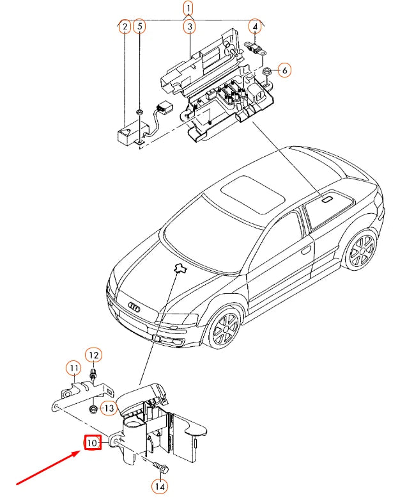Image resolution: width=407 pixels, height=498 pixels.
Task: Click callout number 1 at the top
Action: [188, 8]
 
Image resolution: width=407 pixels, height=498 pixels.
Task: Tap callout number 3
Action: [190, 27]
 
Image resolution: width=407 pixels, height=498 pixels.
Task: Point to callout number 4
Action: [255, 27]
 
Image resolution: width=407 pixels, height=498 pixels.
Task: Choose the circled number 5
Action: [139, 27]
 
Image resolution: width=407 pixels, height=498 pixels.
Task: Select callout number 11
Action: [74, 368]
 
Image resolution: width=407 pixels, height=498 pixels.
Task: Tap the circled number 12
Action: [94, 355]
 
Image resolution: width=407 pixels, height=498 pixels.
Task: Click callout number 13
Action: [109, 408]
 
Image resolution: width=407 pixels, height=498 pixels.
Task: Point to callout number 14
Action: [160, 486]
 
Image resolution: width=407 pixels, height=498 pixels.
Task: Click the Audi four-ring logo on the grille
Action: [135, 307]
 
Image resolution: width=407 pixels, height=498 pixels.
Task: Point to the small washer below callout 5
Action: [139, 111]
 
